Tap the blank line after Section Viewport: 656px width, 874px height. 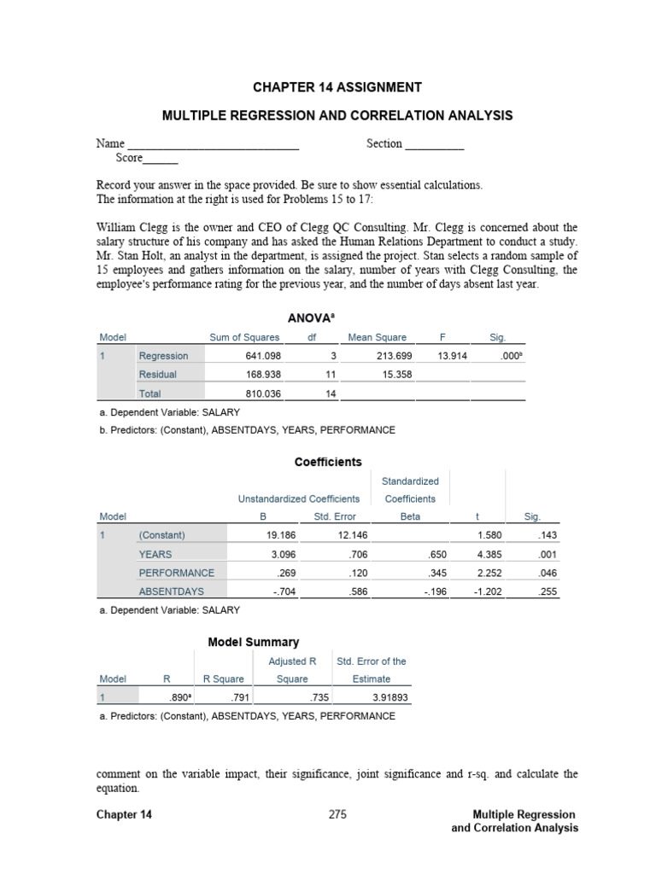click(435, 145)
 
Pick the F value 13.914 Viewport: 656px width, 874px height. click(452, 356)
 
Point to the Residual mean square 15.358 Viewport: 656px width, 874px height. click(389, 375)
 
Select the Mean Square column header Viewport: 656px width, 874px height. click(378, 338)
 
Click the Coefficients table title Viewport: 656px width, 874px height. click(328, 462)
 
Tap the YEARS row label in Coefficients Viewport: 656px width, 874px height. click(155, 554)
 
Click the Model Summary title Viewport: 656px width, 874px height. click(254, 642)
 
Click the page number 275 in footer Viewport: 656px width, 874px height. click(337, 814)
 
